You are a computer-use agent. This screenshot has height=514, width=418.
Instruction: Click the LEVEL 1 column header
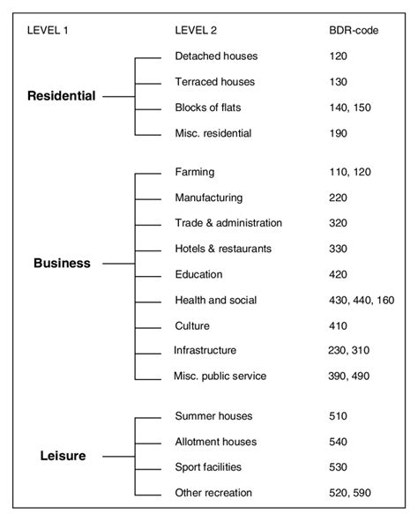(49, 30)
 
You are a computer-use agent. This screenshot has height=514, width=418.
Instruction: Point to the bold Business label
(62, 263)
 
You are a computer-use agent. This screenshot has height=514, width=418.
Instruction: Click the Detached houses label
(216, 56)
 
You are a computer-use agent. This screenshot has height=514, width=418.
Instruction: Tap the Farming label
(195, 173)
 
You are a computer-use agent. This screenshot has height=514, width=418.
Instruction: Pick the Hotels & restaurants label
(223, 249)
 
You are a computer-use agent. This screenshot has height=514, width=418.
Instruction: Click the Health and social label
(216, 300)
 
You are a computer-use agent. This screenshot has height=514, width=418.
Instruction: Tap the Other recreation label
(213, 493)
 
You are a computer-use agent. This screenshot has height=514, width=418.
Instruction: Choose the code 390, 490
(348, 376)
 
